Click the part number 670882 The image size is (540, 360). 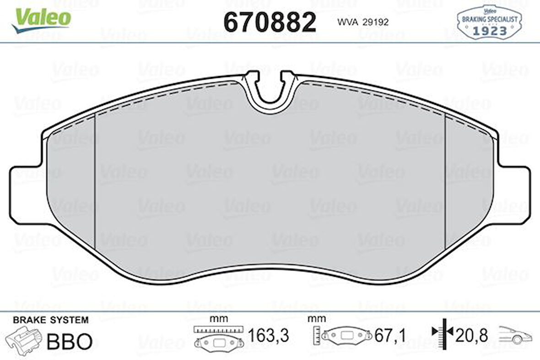(270, 22)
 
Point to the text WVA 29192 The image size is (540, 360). (362, 22)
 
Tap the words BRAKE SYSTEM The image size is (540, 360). (50, 320)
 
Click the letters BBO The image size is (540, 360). (70, 341)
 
